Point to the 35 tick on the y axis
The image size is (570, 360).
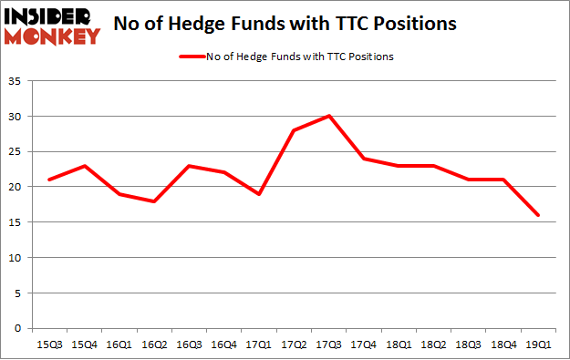[x=17, y=81]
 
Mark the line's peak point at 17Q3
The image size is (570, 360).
[x=328, y=116]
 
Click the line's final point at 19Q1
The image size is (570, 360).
[x=538, y=215]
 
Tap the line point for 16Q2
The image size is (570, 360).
[x=153, y=201]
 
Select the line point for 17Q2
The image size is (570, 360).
[x=294, y=130]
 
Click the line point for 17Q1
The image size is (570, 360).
[x=258, y=194]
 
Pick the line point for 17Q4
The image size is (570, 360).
[x=363, y=159]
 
